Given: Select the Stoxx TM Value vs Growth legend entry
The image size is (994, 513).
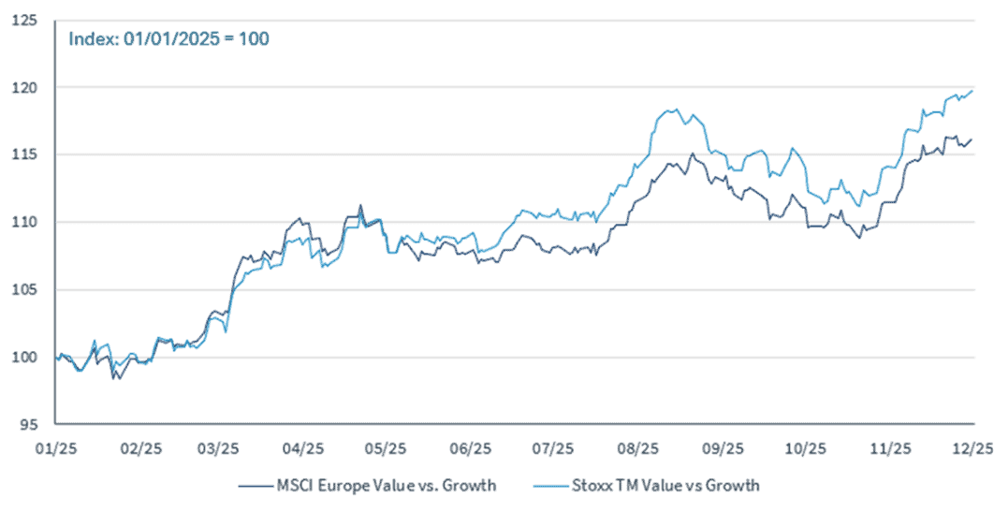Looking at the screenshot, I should [646, 486].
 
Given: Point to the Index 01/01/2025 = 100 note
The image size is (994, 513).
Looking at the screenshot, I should [168, 40].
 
